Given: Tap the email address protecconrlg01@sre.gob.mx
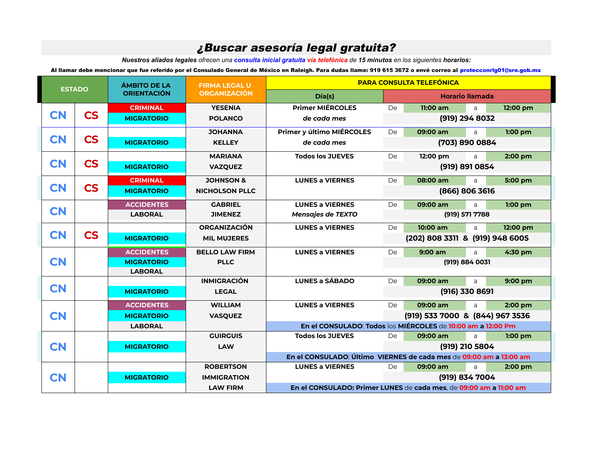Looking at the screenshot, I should (x=500, y=70).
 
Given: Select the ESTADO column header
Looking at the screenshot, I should (x=74, y=89).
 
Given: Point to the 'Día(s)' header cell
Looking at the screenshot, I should (x=325, y=96).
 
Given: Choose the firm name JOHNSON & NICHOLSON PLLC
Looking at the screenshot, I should (x=226, y=186).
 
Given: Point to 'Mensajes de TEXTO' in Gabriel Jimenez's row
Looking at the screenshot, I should (x=325, y=214).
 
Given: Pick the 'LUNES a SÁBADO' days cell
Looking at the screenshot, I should (x=325, y=281).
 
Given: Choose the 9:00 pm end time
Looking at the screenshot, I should (x=518, y=281).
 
